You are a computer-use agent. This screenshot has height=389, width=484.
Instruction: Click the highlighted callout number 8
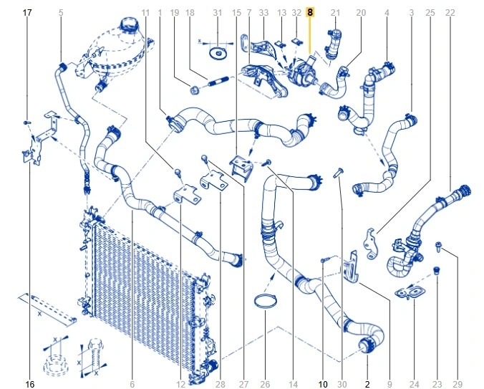click(309, 13)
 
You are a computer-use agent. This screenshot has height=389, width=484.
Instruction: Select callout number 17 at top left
click(27, 13)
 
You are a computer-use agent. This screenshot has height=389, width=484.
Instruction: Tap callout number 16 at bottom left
click(30, 385)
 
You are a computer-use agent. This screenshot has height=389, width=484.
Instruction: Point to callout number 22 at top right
click(450, 13)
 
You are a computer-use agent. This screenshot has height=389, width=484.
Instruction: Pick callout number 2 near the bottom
click(367, 385)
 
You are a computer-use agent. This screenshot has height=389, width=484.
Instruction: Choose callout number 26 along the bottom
click(265, 385)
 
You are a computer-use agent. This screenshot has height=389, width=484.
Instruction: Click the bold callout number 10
click(323, 385)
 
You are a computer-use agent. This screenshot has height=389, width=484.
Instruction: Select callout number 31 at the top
click(218, 13)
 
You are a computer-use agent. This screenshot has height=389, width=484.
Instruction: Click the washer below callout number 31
click(218, 52)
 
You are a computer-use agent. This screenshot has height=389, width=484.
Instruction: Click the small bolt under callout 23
click(437, 271)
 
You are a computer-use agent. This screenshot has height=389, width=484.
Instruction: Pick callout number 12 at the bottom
click(180, 385)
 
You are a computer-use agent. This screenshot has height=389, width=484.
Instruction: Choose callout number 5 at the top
click(60, 13)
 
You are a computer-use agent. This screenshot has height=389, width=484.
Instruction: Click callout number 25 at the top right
click(430, 13)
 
